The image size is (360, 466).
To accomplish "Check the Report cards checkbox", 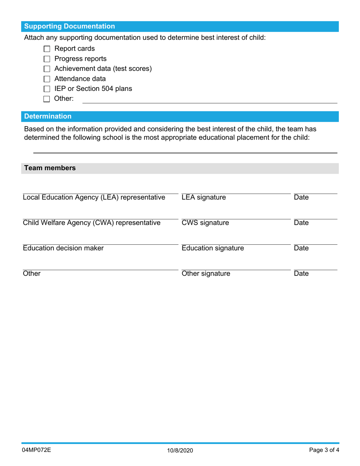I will click(47, 49).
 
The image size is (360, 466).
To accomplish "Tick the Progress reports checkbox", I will click(47, 59).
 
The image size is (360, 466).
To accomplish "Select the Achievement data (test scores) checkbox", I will click(47, 69).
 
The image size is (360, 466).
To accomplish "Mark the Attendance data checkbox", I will click(47, 79).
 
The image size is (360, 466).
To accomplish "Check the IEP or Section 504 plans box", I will click(47, 89).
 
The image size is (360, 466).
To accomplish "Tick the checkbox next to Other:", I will click(47, 99).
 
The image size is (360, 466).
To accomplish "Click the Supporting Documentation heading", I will click(70, 27).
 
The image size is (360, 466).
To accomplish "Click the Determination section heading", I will click(48, 116).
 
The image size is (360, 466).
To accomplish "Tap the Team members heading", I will click(50, 168).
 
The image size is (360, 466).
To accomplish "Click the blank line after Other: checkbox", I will click(210, 100).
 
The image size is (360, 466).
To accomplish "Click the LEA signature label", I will click(203, 197).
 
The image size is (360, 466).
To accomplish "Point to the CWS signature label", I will click(205, 223).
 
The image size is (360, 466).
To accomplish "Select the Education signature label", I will click(213, 248).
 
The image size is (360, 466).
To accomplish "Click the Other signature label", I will click(206, 274).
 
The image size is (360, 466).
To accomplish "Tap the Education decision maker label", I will click(63, 248).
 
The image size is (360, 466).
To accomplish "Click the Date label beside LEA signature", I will click(301, 197).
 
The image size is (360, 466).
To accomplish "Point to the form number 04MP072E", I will click(37, 450).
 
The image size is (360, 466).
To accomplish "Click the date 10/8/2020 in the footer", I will click(180, 450).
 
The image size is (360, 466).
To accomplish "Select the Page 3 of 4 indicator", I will click(324, 450).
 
